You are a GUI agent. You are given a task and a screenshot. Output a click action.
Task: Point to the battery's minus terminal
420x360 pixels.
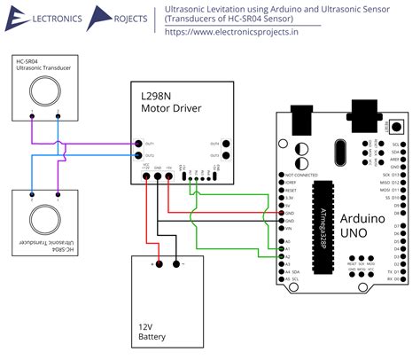click(176, 262)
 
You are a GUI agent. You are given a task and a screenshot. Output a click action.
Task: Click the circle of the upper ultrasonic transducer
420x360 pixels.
click(43, 90)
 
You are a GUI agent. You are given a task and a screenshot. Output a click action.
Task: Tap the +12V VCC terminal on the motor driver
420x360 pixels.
click(145, 176)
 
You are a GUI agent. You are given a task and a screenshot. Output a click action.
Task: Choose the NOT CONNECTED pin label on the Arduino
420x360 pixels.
click(302, 176)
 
